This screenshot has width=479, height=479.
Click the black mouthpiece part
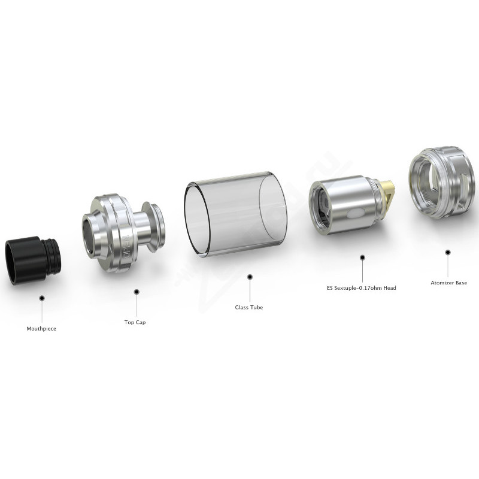[x=33, y=260]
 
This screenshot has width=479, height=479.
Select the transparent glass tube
[x=236, y=215]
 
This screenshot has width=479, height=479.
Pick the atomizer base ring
[x=444, y=183]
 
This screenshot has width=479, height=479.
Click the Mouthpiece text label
[x=41, y=329]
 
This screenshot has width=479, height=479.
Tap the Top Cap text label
[x=135, y=322]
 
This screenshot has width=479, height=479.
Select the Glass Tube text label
[x=249, y=307]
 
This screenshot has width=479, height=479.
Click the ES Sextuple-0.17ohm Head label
[x=362, y=288]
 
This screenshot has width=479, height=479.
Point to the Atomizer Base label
[x=448, y=283]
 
